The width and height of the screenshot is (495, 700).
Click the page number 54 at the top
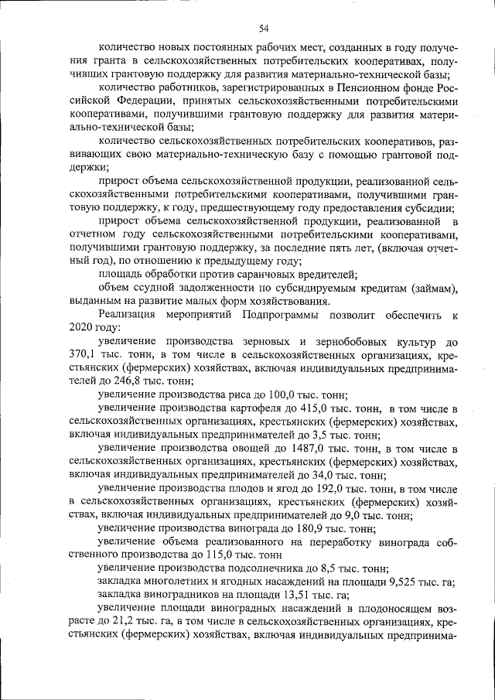263,29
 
